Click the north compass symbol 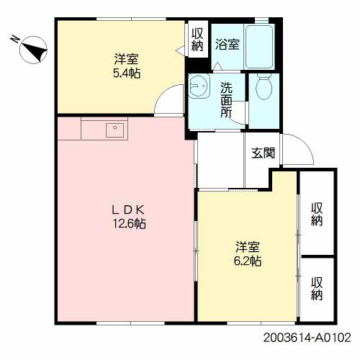point(33,50)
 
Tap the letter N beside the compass point(15,39)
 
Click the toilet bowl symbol point(264,86)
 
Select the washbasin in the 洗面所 point(199,86)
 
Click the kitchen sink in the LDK point(115,130)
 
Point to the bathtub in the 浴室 point(259,47)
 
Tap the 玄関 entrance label point(263,153)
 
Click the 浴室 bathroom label point(227,44)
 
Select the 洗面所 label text point(226,99)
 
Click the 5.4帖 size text point(127,73)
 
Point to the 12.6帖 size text point(130,224)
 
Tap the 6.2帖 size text point(248,261)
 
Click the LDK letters point(128,210)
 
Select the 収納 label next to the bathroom point(197,40)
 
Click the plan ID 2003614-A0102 point(307,338)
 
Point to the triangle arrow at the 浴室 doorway point(217,66)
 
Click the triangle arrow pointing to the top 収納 point(180,51)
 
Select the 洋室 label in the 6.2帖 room point(248,247)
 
